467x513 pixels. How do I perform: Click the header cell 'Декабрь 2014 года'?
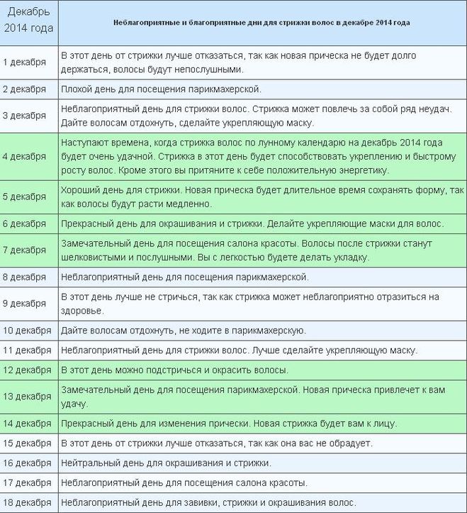click(x=28, y=22)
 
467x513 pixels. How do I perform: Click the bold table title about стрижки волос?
click(x=261, y=22)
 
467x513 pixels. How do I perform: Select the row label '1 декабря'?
click(x=25, y=62)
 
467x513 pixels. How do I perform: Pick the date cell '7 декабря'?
click(x=25, y=250)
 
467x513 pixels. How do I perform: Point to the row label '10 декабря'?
click(x=27, y=330)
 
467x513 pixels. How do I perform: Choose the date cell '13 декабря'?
click(x=27, y=397)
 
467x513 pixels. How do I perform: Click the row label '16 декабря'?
click(x=27, y=463)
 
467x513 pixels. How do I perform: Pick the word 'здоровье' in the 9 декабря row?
click(x=82, y=311)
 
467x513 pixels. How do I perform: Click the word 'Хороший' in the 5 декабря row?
click(x=80, y=190)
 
